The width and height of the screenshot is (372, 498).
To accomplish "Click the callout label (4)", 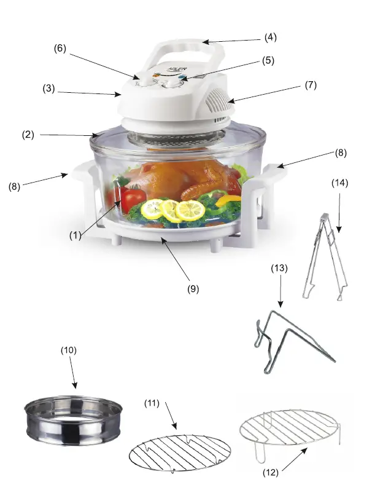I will click(270, 37).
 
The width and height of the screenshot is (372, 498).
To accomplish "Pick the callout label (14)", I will click(339, 183).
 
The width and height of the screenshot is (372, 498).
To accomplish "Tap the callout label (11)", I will click(152, 403).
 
